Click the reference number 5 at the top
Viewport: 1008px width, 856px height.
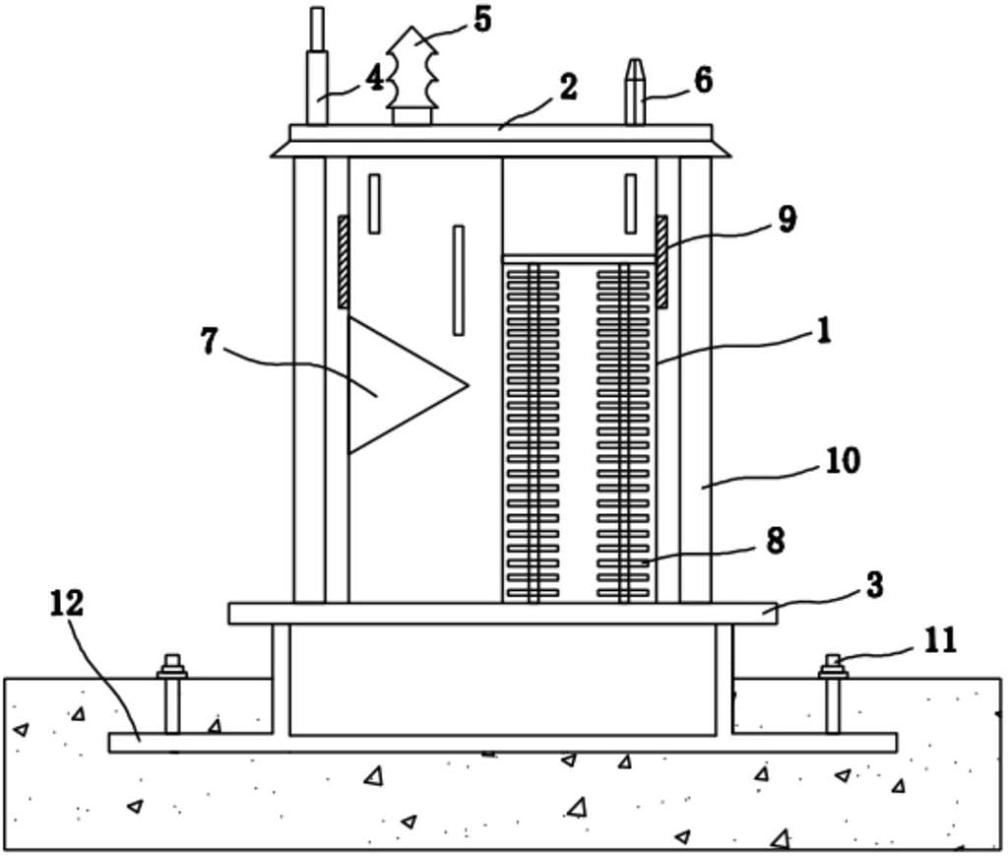(x=482, y=20)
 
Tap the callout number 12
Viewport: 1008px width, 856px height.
(x=67, y=603)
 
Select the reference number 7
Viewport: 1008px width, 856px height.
(x=209, y=341)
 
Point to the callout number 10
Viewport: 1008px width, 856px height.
(x=843, y=460)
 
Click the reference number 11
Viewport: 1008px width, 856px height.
(x=940, y=640)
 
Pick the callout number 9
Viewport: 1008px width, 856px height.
(x=787, y=220)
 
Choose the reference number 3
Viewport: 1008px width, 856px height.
(x=875, y=585)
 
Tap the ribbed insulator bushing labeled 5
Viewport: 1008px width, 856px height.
(x=412, y=76)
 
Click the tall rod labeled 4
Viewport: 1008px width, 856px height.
(x=317, y=66)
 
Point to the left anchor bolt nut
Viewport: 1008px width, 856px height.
(x=172, y=667)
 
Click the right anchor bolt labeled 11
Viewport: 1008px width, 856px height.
(x=833, y=693)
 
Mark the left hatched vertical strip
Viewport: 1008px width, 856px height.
(x=344, y=261)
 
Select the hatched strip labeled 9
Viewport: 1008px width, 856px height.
(x=661, y=261)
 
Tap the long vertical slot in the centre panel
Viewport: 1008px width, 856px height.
(x=459, y=280)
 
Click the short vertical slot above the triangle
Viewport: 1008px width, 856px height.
(x=374, y=203)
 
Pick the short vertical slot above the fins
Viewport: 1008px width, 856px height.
(x=631, y=203)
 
